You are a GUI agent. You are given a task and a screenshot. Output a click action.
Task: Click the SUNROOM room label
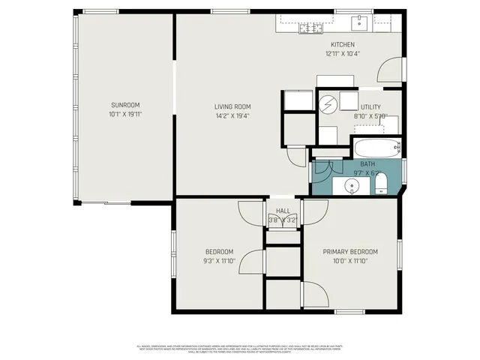pos(125,105)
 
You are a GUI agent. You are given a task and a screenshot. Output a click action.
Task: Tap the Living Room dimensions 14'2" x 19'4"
pos(232,116)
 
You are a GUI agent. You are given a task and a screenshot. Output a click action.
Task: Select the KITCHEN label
pos(342,44)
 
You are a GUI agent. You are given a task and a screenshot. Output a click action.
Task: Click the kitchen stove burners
pos(310,28)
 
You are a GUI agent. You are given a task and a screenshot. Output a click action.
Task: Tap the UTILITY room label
pos(370,107)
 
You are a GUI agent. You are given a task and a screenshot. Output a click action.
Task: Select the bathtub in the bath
pos(376,148)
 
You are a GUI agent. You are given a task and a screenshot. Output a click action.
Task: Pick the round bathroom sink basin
pos(352,185)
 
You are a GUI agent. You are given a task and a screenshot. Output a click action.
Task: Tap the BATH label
pos(367,163)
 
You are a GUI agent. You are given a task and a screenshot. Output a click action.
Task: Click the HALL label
pos(283,211)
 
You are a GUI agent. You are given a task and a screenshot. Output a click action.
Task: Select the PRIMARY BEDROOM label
pos(350,252)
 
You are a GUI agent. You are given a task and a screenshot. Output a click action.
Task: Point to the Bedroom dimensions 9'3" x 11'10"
pos(219,261)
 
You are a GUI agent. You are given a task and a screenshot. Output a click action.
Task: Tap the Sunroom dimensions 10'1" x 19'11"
pos(125,115)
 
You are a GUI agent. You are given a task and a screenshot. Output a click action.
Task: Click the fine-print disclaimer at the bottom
pos(239,349)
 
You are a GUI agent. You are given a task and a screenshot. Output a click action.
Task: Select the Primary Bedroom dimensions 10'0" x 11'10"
pos(350,261)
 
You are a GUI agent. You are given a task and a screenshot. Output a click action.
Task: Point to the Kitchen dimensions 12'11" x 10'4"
pos(342,54)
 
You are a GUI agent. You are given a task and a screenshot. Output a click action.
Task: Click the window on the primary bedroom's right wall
pos(400,253)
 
